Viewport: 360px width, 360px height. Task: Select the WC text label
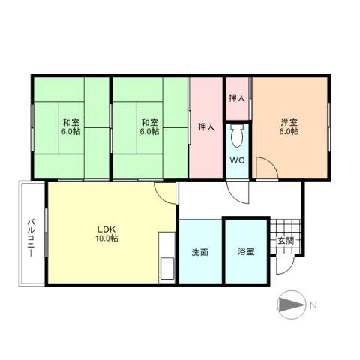237,161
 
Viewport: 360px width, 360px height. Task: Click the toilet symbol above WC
238,137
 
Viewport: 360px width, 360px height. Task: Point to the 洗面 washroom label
199,251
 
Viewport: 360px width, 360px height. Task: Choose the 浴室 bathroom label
245,251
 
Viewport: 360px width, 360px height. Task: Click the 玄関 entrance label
286,240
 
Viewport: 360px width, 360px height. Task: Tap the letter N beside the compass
313,304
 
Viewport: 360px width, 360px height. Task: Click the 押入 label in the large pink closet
206,127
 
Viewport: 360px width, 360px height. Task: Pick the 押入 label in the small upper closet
237,97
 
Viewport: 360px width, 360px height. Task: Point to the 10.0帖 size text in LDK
106,238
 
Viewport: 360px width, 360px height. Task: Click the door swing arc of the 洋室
264,166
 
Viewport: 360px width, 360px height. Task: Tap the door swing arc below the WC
239,192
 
